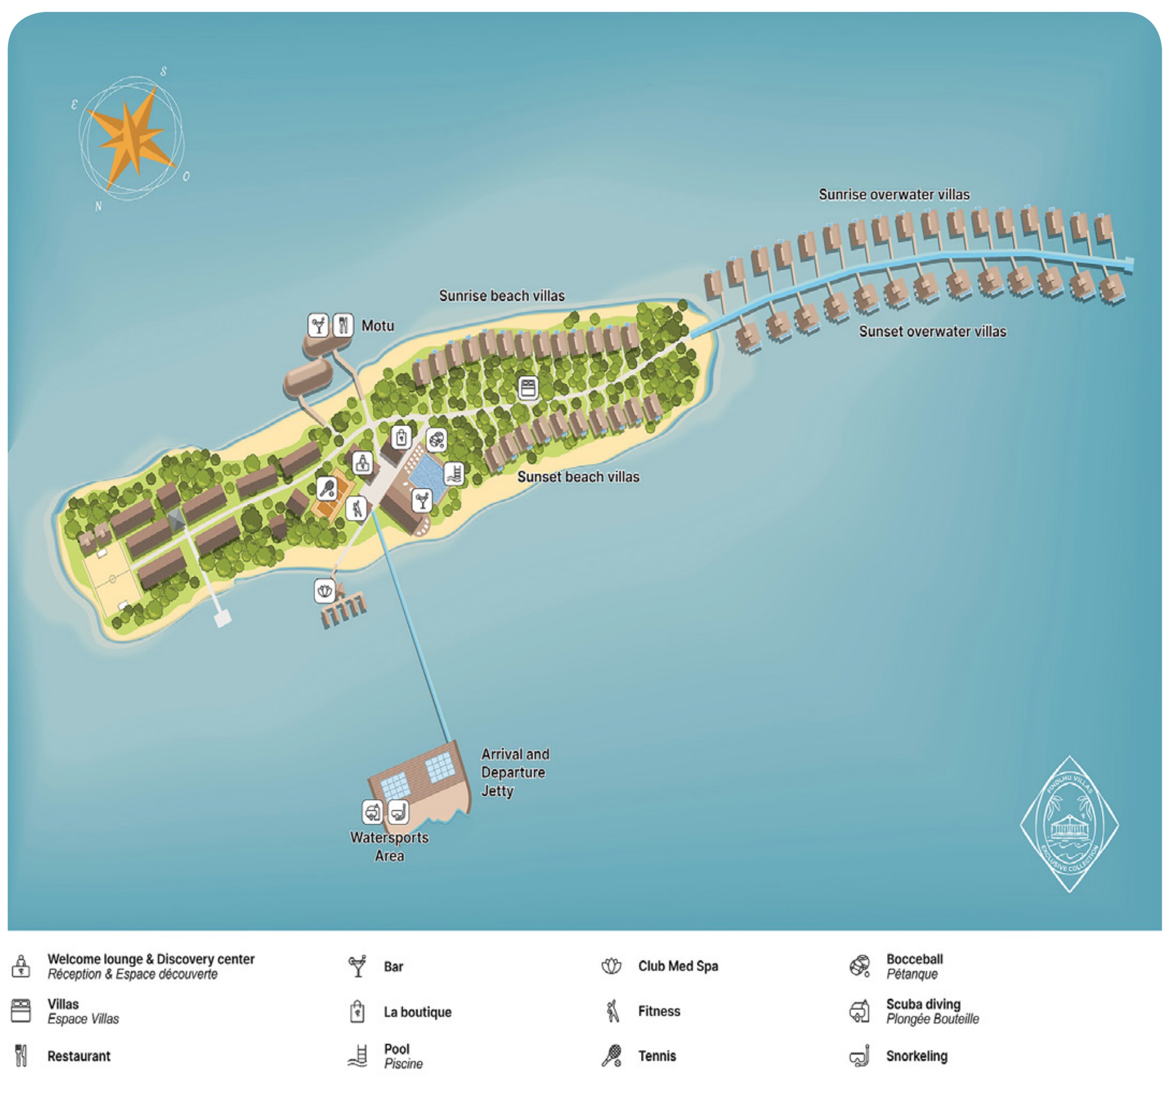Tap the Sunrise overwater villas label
click(893, 195)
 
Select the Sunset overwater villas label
click(932, 331)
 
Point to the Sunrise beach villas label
click(502, 296)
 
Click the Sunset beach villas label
click(578, 477)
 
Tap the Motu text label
click(377, 326)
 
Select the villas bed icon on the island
click(528, 388)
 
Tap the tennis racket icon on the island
click(327, 488)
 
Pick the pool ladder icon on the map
click(454, 474)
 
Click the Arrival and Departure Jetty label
click(515, 772)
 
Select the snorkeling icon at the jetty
click(398, 812)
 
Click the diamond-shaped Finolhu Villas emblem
click(1069, 824)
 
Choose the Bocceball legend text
click(914, 959)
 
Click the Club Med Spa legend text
click(678, 966)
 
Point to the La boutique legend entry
click(417, 1012)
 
